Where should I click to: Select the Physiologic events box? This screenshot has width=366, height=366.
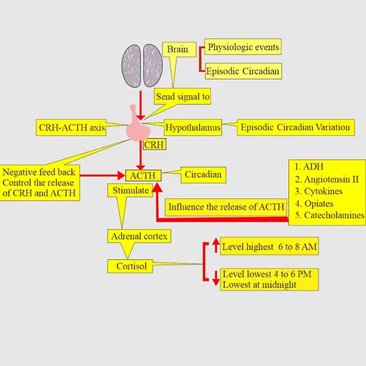click(x=243, y=47)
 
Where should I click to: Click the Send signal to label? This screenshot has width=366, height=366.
click(x=182, y=96)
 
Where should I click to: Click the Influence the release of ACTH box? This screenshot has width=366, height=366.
click(x=226, y=206)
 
